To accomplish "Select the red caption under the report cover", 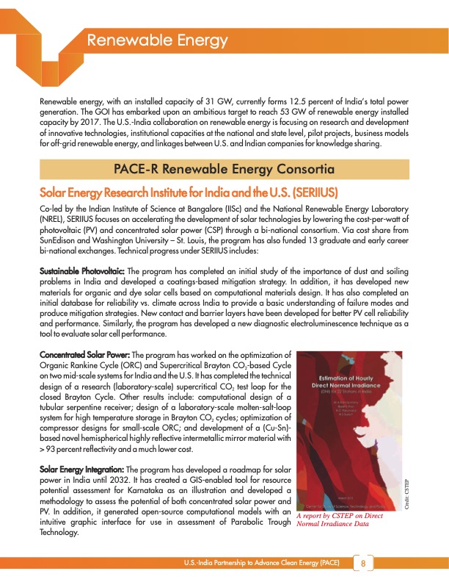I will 338,520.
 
